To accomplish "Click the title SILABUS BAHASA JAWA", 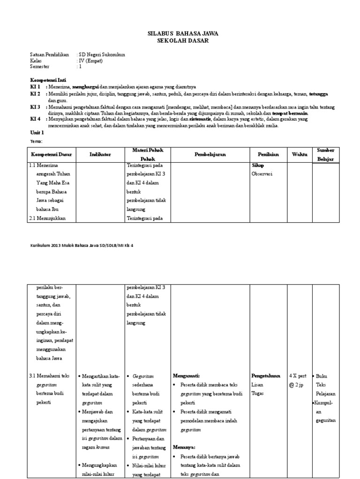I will coord(183,34).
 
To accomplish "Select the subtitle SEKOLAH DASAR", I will coord(183,41).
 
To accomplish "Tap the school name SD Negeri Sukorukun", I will coord(102,54).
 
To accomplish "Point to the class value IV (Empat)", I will coord(90,60).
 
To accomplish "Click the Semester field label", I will coord(40,66).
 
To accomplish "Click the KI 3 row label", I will coord(36,107).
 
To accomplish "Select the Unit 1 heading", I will coord(37,133).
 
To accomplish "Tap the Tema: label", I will coord(36,141).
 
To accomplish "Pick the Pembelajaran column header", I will coord(210,154).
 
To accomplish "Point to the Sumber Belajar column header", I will coord(326,154).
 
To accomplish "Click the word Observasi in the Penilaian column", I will coord(263,174).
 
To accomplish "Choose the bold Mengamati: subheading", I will coord(187,375).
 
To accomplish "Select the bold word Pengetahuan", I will coord(266,375).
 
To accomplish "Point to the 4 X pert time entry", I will coord(298,375).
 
